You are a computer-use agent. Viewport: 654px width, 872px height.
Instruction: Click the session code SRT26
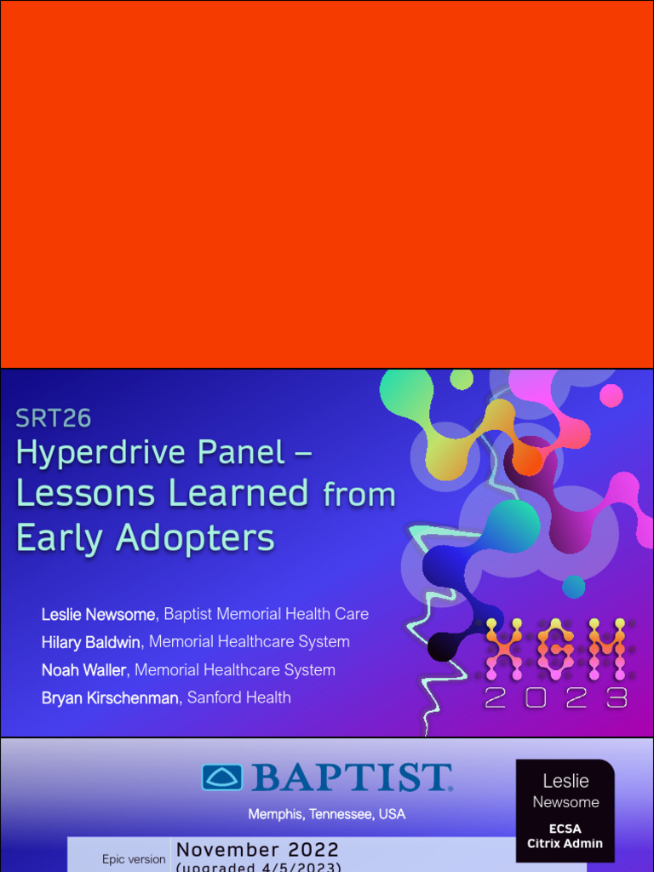tap(53, 418)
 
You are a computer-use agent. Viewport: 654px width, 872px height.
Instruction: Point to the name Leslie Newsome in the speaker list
tap(98, 615)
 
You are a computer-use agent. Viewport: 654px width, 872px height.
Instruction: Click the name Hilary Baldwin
tap(90, 642)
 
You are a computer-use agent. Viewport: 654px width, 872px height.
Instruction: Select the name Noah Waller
tap(83, 670)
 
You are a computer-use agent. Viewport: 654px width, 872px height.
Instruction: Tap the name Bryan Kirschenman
tap(110, 698)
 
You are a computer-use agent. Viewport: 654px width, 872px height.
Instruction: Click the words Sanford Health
tap(239, 698)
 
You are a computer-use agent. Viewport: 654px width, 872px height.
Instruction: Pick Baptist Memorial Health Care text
tap(267, 614)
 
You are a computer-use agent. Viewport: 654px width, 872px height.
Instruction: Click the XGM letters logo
tap(555, 650)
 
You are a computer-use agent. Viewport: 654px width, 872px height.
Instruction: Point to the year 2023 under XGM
tap(555, 698)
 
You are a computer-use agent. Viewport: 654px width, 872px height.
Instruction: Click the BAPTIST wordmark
tap(351, 778)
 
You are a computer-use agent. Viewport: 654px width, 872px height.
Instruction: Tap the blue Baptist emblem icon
tap(221, 777)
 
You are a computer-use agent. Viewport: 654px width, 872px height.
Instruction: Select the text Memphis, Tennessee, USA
tap(326, 814)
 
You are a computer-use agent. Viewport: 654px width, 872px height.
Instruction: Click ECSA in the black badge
tap(565, 829)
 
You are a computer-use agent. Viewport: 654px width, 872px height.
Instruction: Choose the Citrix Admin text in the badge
tap(565, 844)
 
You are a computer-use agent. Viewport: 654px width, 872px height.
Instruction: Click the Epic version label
tap(134, 859)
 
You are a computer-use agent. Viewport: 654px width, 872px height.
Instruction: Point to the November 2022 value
tap(257, 850)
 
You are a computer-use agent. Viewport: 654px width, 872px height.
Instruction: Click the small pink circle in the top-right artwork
tap(611, 395)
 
